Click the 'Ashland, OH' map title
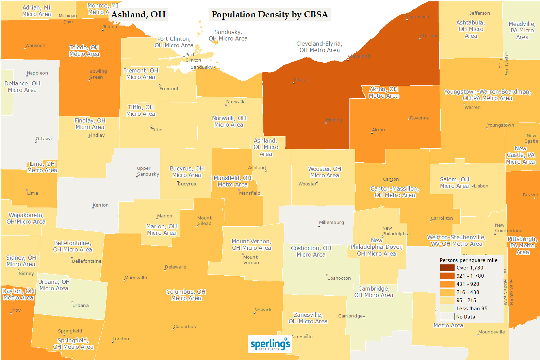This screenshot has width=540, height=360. (138, 15)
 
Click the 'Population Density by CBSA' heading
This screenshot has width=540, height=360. (269, 15)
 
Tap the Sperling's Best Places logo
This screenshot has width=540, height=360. (270, 344)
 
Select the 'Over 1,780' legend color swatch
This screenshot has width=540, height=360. (447, 268)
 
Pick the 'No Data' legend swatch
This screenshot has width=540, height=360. (447, 317)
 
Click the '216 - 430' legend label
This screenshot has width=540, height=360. (468, 292)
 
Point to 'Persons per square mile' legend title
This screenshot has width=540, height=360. (468, 260)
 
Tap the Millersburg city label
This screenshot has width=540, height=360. (331, 223)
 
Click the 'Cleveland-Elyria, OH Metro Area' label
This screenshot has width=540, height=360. (319, 47)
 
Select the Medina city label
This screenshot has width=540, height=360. (334, 120)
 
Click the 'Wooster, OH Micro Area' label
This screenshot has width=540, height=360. (325, 172)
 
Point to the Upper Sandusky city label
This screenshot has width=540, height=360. (148, 171)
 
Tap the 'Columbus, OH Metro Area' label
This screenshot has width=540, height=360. (186, 295)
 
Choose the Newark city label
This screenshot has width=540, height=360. (263, 310)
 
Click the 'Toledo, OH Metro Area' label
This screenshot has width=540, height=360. (84, 51)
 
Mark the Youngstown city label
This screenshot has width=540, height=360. (501, 125)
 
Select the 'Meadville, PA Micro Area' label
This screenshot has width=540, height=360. (522, 31)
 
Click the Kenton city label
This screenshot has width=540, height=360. (101, 205)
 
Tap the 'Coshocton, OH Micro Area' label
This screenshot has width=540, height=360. (311, 251)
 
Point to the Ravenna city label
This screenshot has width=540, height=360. (420, 118)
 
